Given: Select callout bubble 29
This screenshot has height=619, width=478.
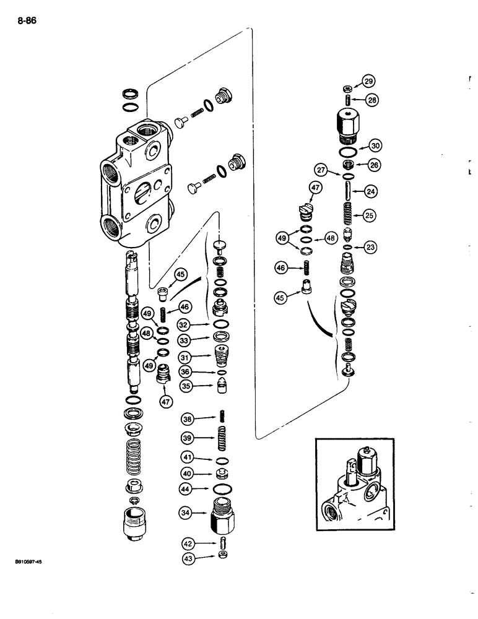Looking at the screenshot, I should point(368,81).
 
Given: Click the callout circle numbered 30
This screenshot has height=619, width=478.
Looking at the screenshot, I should point(375,145).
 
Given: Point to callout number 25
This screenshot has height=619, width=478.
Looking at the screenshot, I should point(369,215).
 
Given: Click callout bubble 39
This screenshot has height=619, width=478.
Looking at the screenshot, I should point(188,438).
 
